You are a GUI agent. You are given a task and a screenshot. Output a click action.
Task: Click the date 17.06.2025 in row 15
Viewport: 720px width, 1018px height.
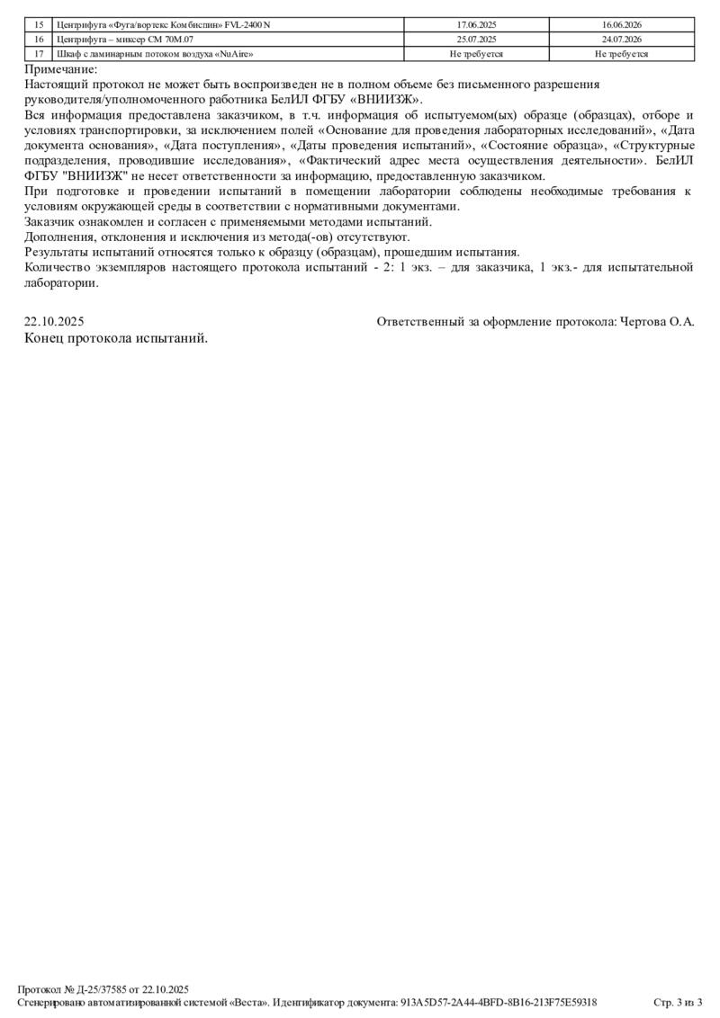coord(477,25)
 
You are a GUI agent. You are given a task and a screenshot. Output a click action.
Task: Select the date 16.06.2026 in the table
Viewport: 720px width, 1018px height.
coord(622,25)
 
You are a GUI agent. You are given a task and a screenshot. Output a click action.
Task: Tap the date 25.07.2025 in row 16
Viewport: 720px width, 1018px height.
coord(477,40)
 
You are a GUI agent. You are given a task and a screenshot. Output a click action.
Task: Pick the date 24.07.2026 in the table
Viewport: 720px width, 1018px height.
coord(622,40)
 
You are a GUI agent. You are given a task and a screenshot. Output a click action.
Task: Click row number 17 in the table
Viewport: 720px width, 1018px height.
coord(38,54)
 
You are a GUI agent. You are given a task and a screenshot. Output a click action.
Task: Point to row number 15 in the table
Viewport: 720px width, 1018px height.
coord(38,25)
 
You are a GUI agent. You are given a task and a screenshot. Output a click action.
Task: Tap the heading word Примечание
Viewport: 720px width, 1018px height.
coord(61,69)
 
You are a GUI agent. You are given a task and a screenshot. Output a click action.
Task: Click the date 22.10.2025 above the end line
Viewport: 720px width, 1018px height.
coord(54,321)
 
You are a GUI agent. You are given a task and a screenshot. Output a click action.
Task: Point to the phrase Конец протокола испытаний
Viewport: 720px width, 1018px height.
coord(116,338)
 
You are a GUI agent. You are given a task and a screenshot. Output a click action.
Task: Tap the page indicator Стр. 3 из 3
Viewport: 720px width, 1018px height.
coord(677,1002)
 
